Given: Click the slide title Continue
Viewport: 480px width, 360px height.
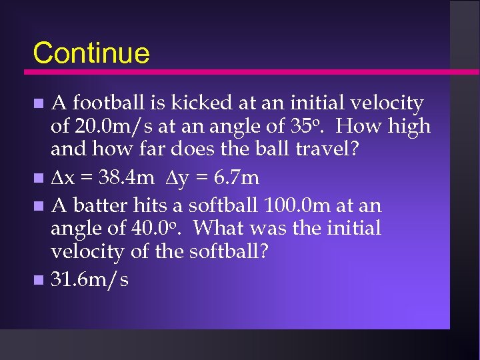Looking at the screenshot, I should click(91, 53).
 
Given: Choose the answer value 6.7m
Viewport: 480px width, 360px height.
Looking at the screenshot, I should click(233, 178).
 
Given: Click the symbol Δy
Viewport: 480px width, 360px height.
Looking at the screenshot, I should click(179, 178).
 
